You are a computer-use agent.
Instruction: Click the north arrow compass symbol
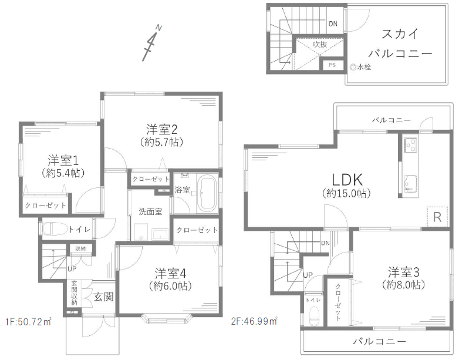click(x=152, y=43)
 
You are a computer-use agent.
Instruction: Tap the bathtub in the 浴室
click(x=208, y=194)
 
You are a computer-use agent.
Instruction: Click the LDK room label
click(x=347, y=180)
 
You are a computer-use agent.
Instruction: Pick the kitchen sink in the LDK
click(x=410, y=183)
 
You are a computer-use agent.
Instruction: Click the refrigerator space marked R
click(x=437, y=217)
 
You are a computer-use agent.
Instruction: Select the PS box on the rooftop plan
click(x=332, y=65)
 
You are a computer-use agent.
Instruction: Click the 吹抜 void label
click(x=320, y=45)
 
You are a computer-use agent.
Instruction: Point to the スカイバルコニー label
click(x=400, y=43)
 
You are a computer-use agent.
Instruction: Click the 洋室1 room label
click(x=63, y=161)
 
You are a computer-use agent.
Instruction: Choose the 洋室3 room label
click(x=403, y=272)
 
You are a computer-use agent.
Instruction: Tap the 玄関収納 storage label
click(x=74, y=293)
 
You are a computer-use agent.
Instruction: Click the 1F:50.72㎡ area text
click(x=28, y=322)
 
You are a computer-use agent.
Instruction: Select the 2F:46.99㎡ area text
click(x=254, y=321)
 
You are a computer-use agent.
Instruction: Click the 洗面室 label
click(x=150, y=212)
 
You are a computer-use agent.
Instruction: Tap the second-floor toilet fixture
click(x=314, y=317)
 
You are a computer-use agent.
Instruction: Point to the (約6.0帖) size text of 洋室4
click(x=170, y=286)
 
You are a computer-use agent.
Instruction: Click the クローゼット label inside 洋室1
click(x=45, y=206)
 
